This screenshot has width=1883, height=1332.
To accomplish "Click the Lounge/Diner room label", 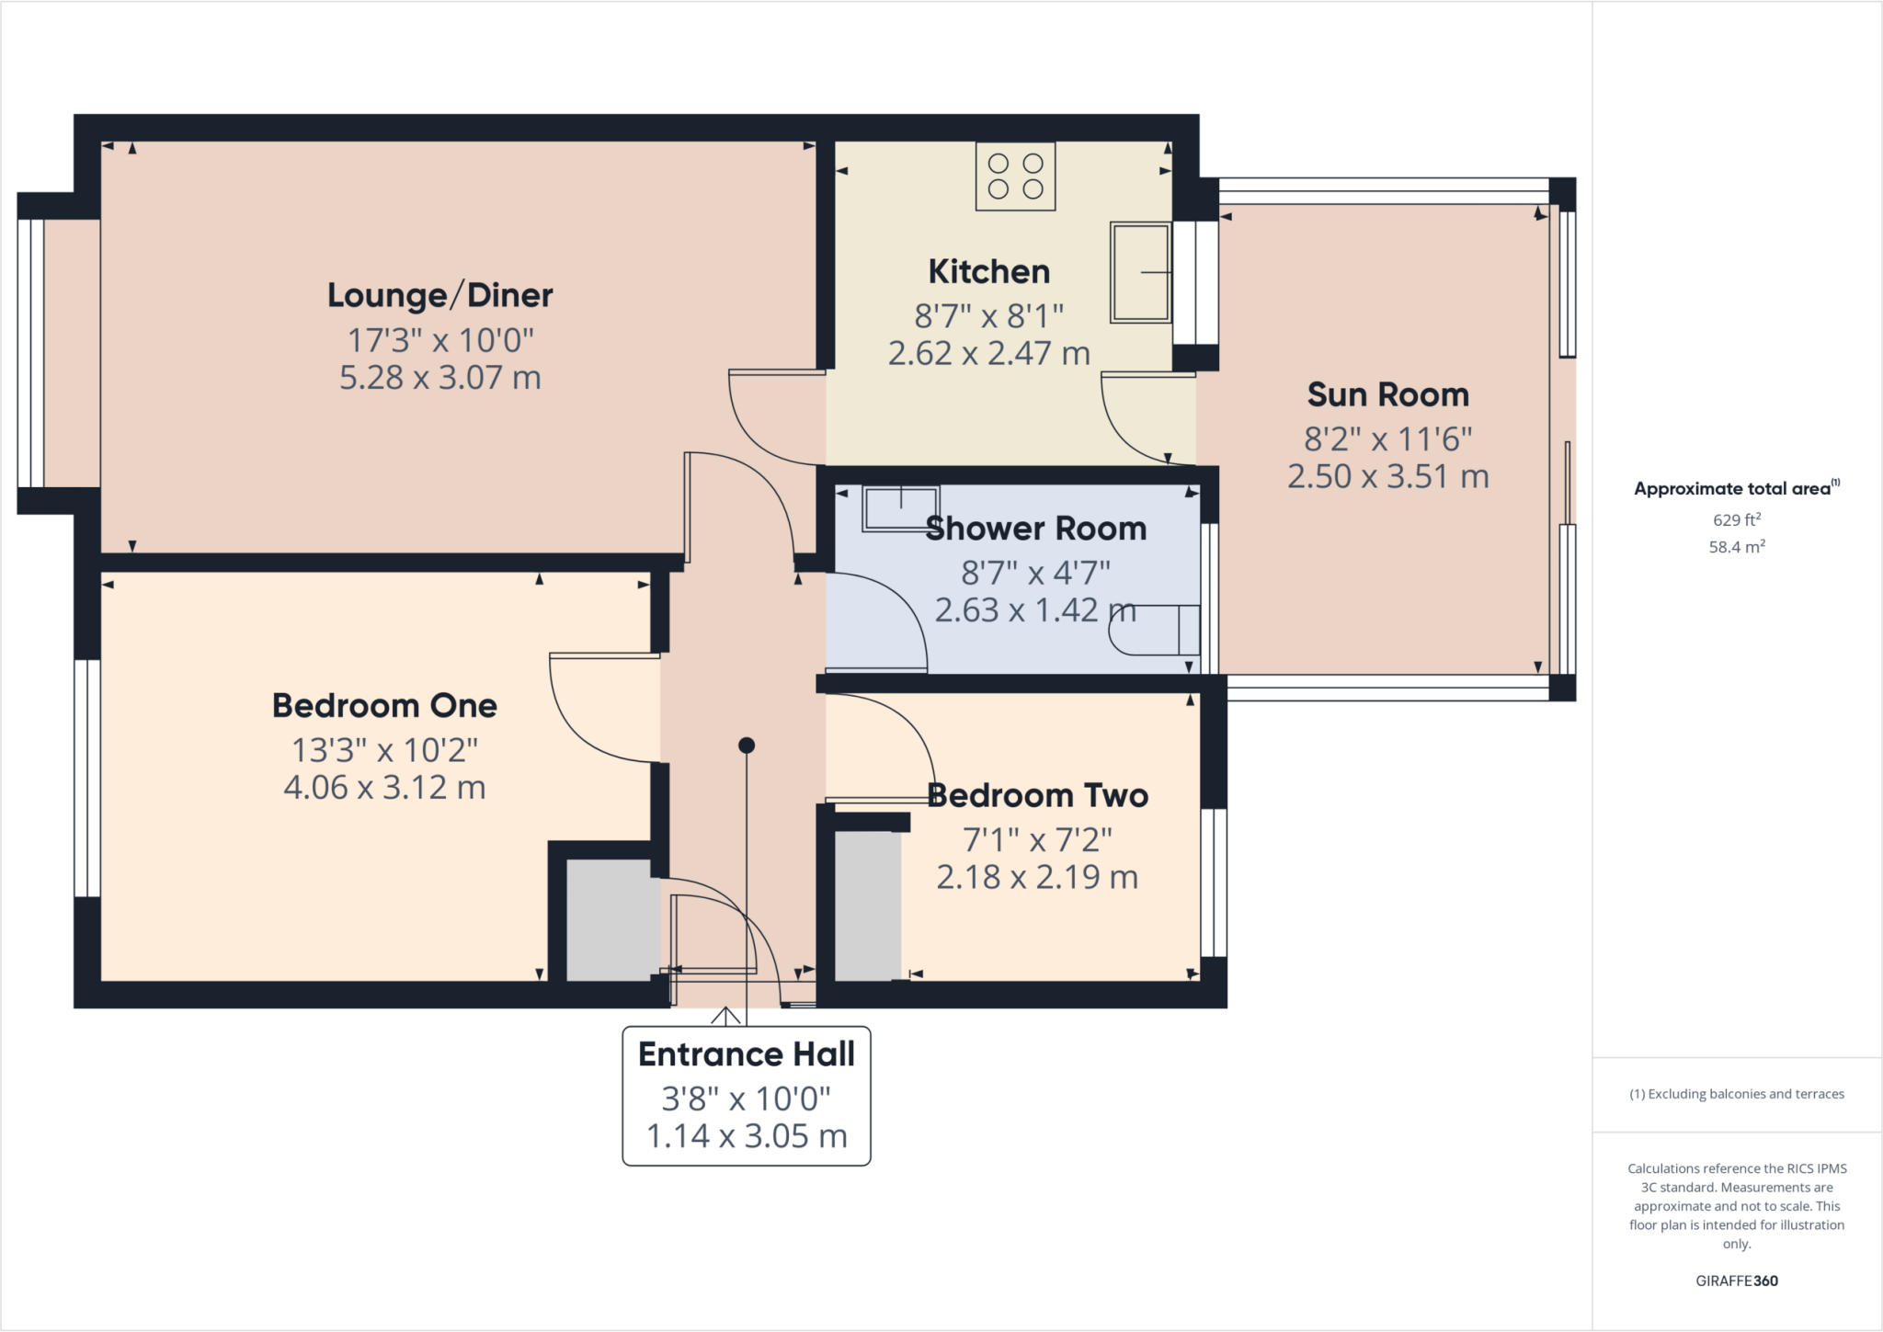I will pos(439,296).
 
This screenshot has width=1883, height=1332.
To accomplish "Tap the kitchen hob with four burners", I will pos(1015,176).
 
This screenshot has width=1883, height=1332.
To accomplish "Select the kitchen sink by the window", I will pos(1140,272).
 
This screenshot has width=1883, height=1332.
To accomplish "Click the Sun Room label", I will pos(1387,395).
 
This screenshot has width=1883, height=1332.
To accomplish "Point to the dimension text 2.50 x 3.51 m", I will pos(1387,477).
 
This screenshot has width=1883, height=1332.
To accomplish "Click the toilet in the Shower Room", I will pos(1153,630).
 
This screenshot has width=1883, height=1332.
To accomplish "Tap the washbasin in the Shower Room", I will pos(900,508).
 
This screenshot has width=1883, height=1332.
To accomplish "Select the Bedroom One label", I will pos(384,706).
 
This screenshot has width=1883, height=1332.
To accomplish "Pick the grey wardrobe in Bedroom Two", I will pos(867,906).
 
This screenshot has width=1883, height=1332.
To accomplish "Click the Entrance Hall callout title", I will pos(746,1054).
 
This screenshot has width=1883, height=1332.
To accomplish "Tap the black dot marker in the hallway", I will pos(747,746).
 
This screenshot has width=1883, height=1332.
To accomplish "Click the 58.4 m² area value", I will pos(1736,547).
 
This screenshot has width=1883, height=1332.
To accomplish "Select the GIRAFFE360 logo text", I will pos(1736,1281).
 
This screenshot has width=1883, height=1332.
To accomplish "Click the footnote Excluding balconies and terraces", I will pos(1736,1094).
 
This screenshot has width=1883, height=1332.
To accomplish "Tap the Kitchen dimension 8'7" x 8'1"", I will pos(988,317).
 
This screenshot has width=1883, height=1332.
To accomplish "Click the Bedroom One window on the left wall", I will pos(86,778).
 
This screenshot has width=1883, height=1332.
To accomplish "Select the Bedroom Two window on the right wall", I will pos(1214,882).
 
